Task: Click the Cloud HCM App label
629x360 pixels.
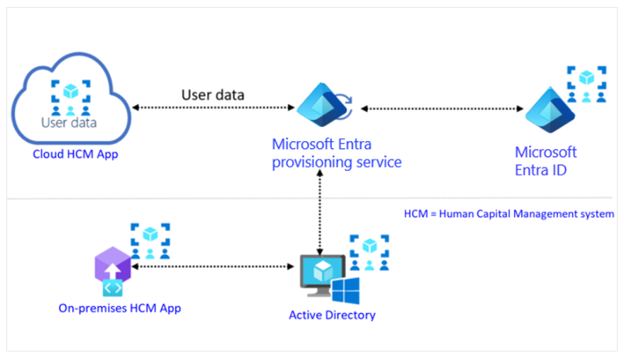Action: point(75,154)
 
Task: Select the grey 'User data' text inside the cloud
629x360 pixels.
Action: point(69,122)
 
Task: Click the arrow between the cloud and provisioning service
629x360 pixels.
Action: point(213,108)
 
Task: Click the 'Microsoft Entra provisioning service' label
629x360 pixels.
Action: point(337,153)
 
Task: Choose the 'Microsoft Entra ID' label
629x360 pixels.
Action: point(546,160)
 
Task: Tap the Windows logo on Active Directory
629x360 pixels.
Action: point(345,291)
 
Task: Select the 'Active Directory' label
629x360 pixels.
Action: point(332,315)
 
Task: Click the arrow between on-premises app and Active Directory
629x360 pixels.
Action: point(213,266)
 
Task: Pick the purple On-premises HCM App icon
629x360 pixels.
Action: point(113,272)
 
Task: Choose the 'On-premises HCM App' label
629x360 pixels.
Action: point(120,308)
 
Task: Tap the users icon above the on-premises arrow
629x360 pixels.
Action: point(150,241)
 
